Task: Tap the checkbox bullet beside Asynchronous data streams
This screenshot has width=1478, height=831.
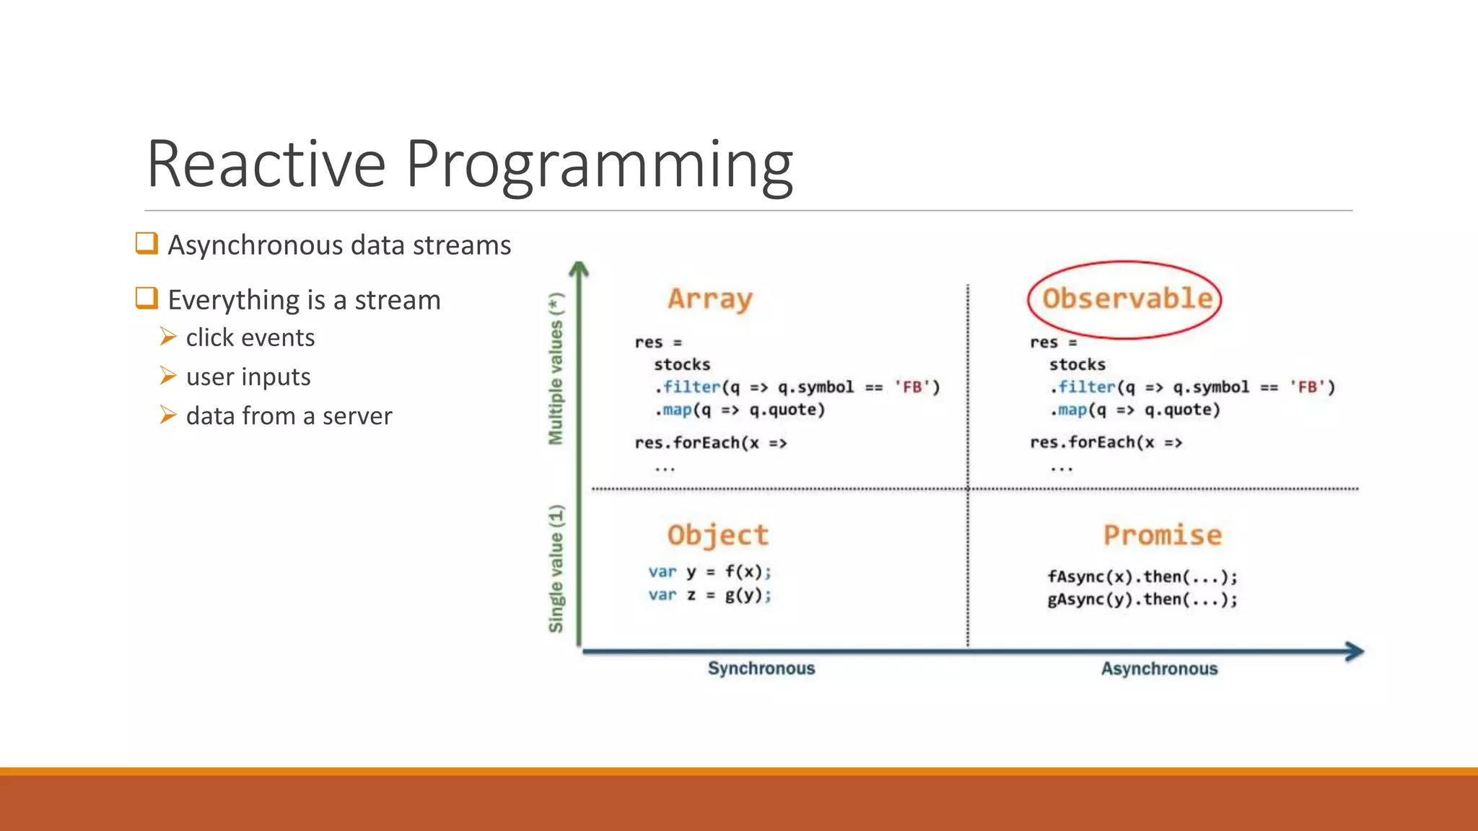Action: pyautogui.click(x=147, y=243)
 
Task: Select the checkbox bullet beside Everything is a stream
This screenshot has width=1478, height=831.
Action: pyautogui.click(x=147, y=298)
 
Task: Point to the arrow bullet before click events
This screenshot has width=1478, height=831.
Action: pyautogui.click(x=168, y=336)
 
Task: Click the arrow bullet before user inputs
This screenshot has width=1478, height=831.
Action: pyautogui.click(x=168, y=375)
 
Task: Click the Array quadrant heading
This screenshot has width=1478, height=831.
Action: pyautogui.click(x=710, y=299)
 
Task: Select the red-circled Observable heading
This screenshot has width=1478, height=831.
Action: pyautogui.click(x=1127, y=299)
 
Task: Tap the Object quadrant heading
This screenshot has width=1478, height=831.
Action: pyautogui.click(x=718, y=535)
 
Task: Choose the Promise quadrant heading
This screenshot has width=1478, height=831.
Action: pyautogui.click(x=1163, y=535)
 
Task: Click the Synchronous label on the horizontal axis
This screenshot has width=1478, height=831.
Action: pyautogui.click(x=761, y=669)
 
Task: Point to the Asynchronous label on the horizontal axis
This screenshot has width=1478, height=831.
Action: pyautogui.click(x=1159, y=669)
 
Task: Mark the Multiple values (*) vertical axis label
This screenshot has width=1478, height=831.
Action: pyautogui.click(x=556, y=369)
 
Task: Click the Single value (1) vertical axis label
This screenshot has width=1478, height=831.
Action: pyautogui.click(x=556, y=568)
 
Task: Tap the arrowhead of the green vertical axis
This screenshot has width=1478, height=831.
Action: pyautogui.click(x=579, y=270)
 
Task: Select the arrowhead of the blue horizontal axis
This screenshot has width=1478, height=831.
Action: pyautogui.click(x=1355, y=651)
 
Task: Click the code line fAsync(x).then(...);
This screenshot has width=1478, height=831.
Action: pyautogui.click(x=1142, y=577)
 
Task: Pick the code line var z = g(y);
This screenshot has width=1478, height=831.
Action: pyautogui.click(x=709, y=595)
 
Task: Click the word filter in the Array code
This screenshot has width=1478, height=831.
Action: pyautogui.click(x=691, y=387)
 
